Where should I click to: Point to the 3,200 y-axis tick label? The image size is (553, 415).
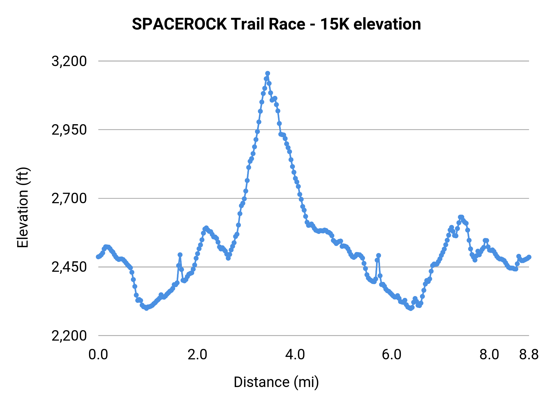pos(69,61)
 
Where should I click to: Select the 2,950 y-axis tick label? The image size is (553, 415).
pos(69,130)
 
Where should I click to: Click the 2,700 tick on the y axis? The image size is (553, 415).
pos(69,198)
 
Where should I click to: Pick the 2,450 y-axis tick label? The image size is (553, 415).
pos(69,267)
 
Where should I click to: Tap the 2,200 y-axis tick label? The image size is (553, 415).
pos(69,335)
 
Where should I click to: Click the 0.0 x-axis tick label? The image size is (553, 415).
pos(98,355)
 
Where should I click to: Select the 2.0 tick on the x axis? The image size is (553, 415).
pos(197,355)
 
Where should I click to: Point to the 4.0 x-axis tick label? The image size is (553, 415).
pos(295,355)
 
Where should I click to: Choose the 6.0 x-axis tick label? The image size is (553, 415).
pos(391,355)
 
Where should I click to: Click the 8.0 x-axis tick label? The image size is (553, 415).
pos(489,355)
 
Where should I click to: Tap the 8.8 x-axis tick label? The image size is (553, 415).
pos(529,355)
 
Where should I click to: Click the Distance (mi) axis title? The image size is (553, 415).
pos(276,382)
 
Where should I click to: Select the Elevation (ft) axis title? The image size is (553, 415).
pos(23,207)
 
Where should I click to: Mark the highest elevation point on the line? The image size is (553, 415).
pos(268,73)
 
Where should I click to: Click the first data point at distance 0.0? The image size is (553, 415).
pos(98,257)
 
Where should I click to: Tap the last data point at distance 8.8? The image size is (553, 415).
pos(529,257)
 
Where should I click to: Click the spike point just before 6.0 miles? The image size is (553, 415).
pos(378,255)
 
